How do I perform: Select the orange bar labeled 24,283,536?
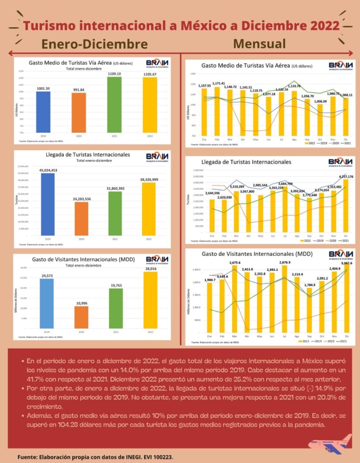[x=81, y=218]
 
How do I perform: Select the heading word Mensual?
[x=260, y=43]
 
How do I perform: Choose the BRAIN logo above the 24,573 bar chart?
[x=157, y=260]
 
